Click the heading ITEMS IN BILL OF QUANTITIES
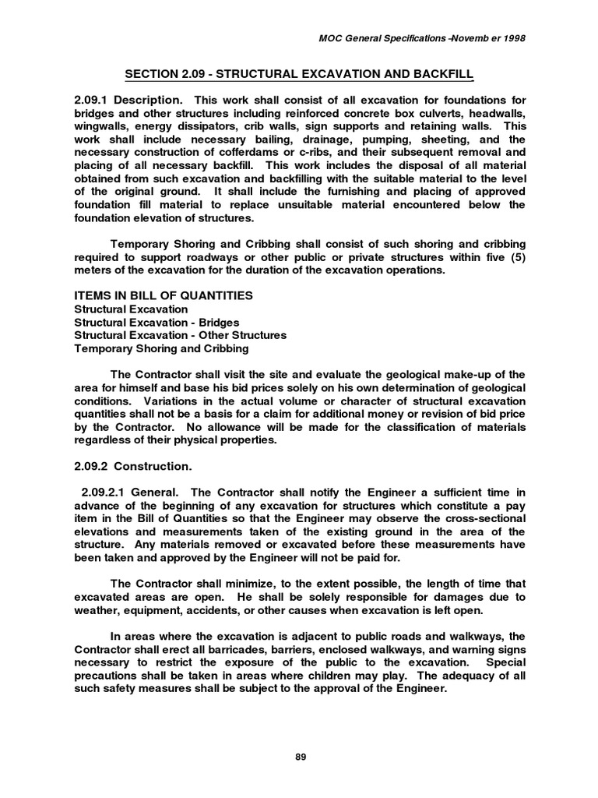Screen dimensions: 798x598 click(x=164, y=296)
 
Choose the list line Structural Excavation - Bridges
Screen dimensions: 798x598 click(x=157, y=322)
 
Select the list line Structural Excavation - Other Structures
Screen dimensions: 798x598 click(x=180, y=335)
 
